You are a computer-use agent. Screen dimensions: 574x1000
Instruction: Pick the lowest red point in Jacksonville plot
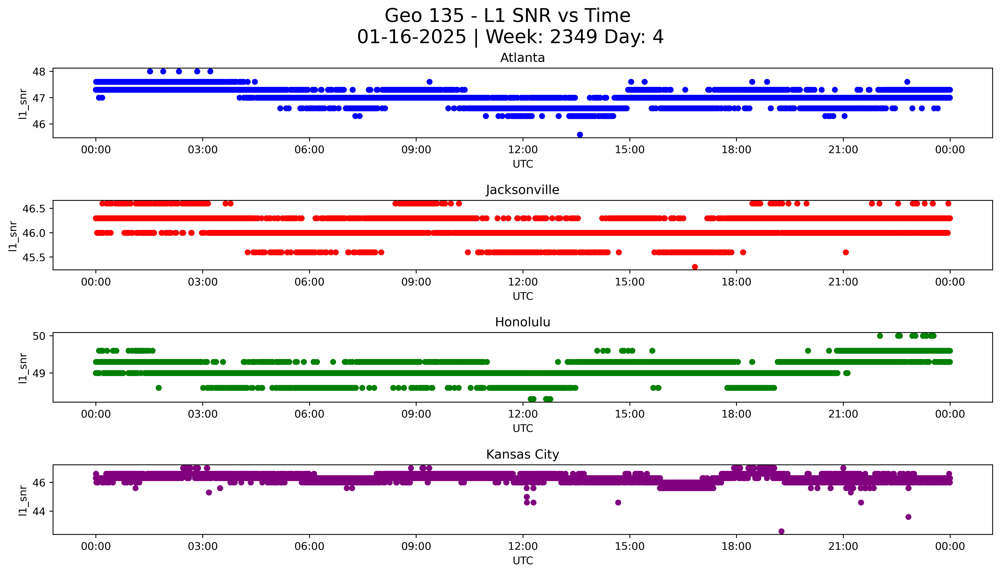(695, 267)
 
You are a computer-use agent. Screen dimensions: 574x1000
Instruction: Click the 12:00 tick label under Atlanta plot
(523, 150)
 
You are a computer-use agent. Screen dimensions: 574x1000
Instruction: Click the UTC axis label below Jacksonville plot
(523, 296)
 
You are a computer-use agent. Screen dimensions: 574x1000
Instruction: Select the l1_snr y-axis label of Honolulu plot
(23, 368)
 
